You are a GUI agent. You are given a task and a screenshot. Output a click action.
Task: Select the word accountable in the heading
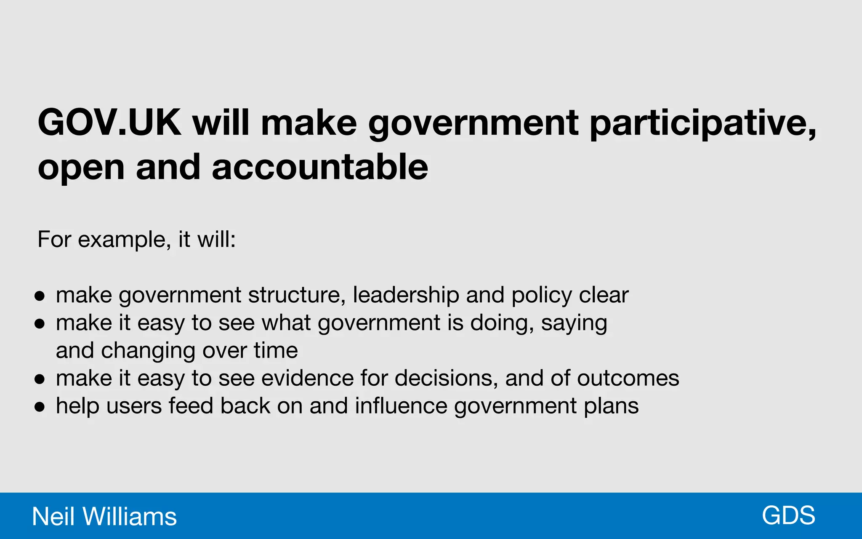(320, 167)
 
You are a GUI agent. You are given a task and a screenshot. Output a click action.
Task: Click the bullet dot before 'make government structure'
(40, 296)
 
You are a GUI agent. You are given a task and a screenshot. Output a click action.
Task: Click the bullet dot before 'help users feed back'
(40, 407)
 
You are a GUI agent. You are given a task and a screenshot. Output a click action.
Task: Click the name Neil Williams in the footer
(104, 516)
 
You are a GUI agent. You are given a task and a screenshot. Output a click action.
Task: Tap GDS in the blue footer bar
(788, 515)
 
